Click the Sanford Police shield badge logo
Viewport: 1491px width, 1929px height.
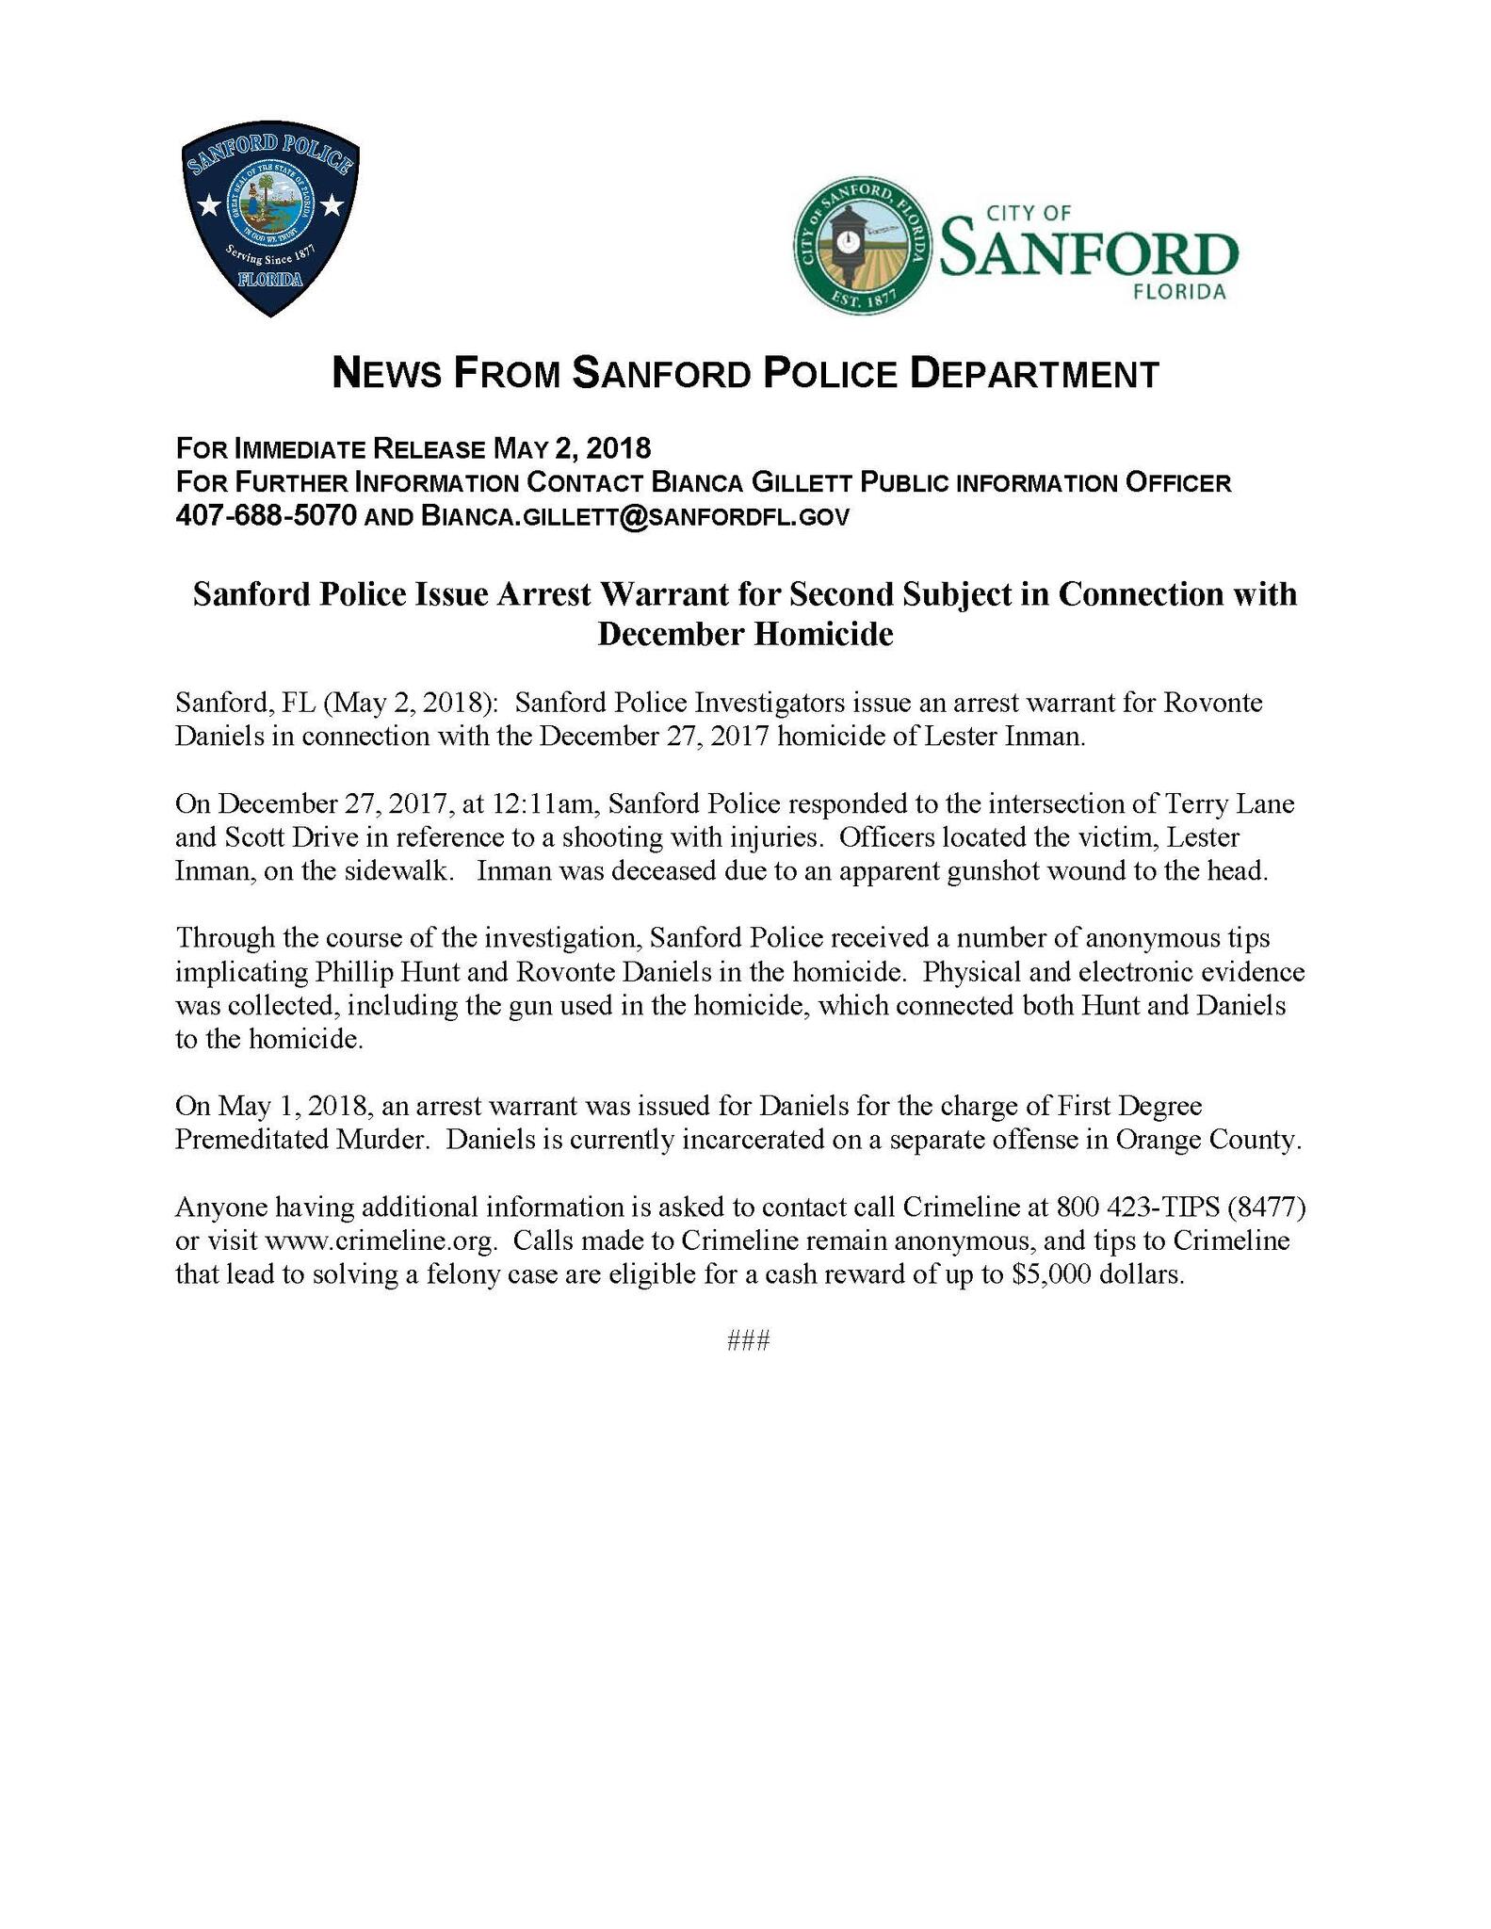click(x=270, y=218)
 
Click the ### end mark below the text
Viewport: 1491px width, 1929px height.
click(x=749, y=1341)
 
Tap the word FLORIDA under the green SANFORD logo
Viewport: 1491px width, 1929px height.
click(x=1180, y=292)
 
